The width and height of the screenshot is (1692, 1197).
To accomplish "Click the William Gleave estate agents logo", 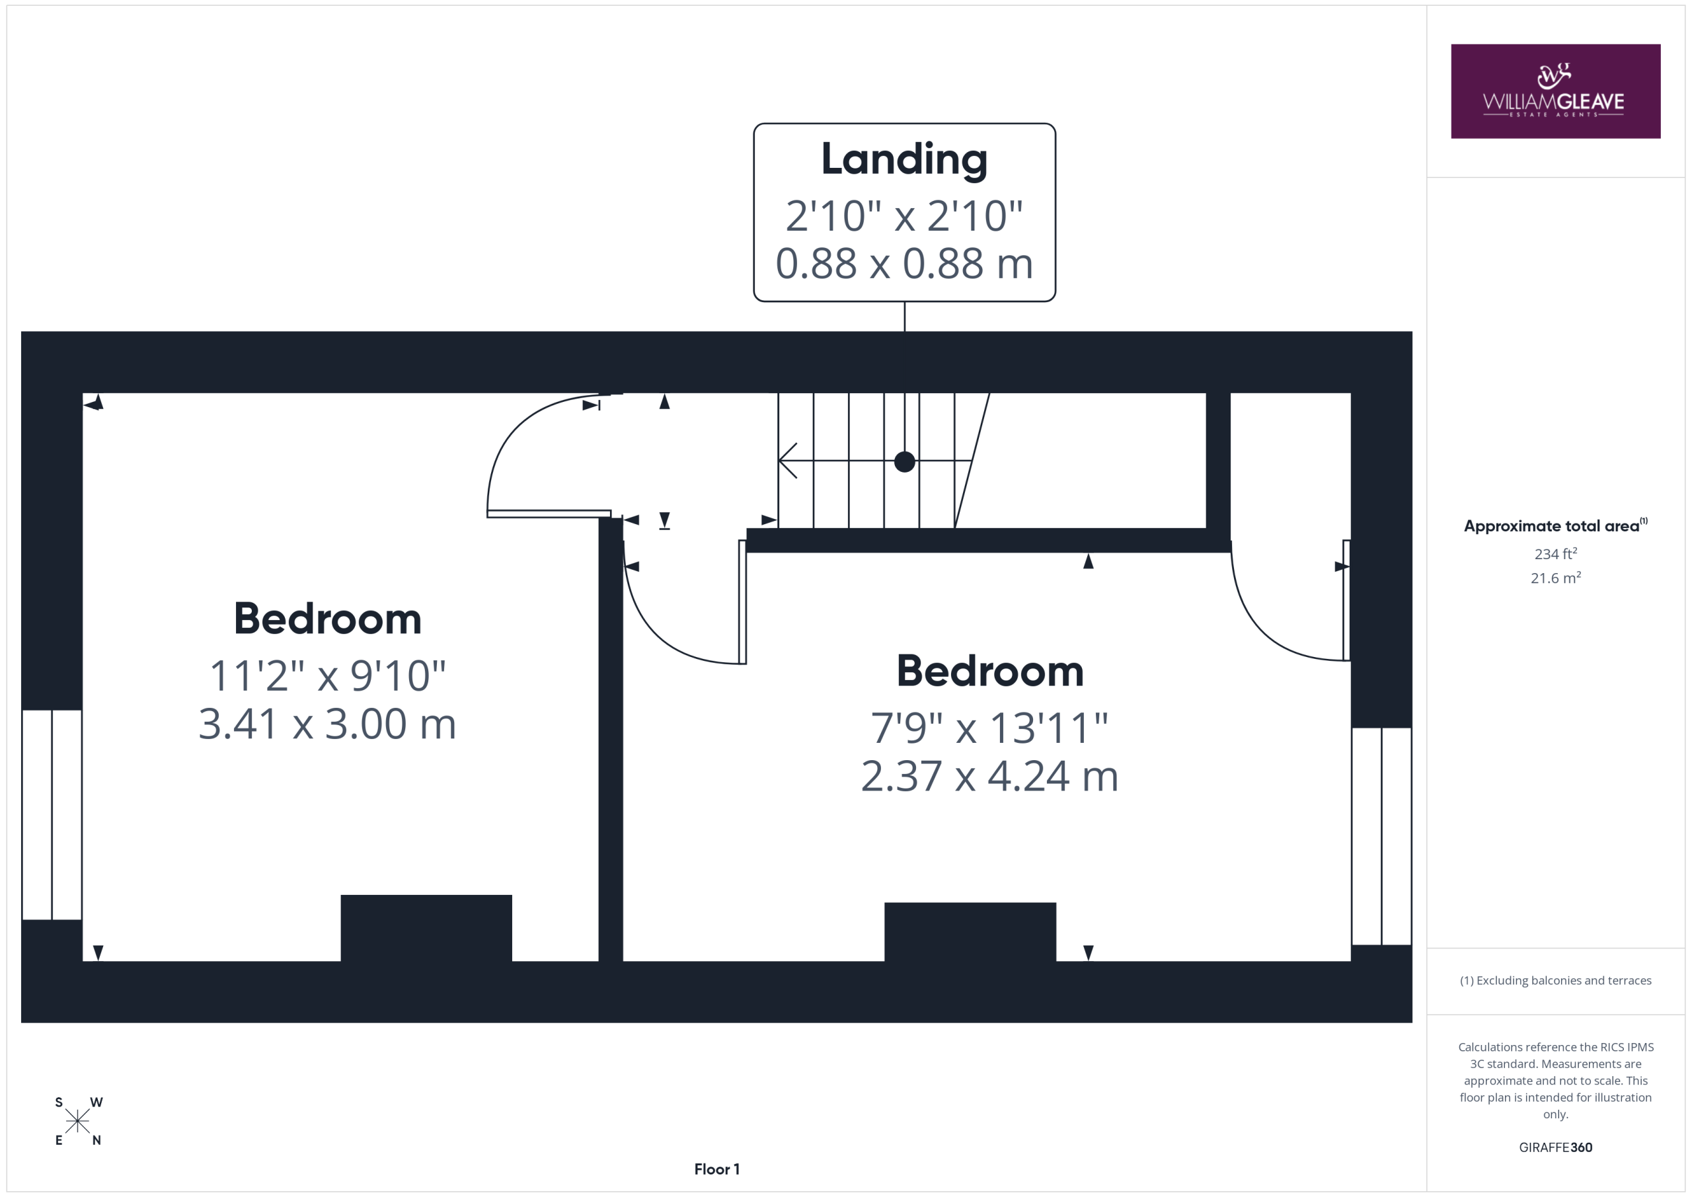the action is pyautogui.click(x=1555, y=91).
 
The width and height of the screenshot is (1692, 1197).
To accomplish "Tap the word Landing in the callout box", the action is pyautogui.click(x=904, y=160).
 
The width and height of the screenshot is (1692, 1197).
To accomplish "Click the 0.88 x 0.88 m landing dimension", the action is pyautogui.click(x=904, y=263).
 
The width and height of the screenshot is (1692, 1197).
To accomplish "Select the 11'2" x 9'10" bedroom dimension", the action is pyautogui.click(x=328, y=675).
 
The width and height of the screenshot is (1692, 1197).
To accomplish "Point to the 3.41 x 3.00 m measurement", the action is pyautogui.click(x=328, y=724).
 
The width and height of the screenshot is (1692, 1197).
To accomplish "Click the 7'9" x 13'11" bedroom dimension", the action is pyautogui.click(x=989, y=728).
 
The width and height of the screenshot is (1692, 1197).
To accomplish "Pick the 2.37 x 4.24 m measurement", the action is pyautogui.click(x=989, y=776).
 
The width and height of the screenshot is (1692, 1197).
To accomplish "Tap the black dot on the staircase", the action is pyautogui.click(x=904, y=462).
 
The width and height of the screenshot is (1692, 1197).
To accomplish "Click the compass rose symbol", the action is pyautogui.click(x=77, y=1121).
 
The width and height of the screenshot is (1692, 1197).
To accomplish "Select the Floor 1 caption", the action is pyautogui.click(x=717, y=1169).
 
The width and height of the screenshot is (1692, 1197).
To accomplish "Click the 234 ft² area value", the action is pyautogui.click(x=1556, y=553).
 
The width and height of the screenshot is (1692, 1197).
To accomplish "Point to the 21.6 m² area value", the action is pyautogui.click(x=1556, y=578).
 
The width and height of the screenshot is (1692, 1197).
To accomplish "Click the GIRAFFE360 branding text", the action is pyautogui.click(x=1556, y=1147).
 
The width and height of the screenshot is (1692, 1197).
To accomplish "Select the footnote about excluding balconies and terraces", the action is pyautogui.click(x=1556, y=980).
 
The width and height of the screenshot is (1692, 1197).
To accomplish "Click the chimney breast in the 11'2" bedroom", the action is pyautogui.click(x=426, y=928).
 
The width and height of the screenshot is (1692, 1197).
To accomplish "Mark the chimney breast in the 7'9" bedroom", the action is pyautogui.click(x=970, y=932).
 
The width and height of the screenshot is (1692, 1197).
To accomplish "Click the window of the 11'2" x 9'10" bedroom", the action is pyautogui.click(x=52, y=814).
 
